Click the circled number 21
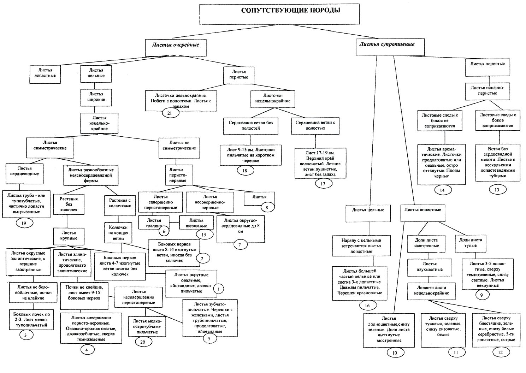coord(170,113)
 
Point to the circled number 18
coord(244,171)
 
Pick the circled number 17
coord(323,183)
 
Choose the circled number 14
coord(442,190)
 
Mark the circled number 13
coord(497,190)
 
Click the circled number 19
coord(24,223)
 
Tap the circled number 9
coord(482,295)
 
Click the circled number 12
coord(500,352)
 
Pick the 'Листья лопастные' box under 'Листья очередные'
coord(45,73)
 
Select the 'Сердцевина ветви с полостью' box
coord(315,126)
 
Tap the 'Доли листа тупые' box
coord(470,243)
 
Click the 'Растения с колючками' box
coord(120,204)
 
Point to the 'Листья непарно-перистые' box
coord(487,91)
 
